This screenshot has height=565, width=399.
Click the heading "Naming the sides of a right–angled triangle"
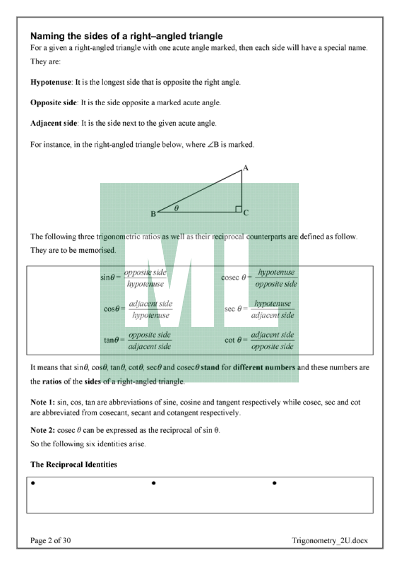tap(126, 36)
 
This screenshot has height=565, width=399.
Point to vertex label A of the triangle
tap(245, 168)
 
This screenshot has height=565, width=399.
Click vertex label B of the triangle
tap(153, 214)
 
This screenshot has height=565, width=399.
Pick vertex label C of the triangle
tap(246, 212)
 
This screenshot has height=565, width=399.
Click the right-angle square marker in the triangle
tap(238, 208)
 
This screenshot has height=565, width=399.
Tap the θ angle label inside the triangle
tap(176, 208)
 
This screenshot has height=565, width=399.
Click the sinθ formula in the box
tap(133, 278)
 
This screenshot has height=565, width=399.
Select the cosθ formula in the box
tap(138, 309)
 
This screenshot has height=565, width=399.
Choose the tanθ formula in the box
tap(137, 340)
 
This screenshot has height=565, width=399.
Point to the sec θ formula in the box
tap(259, 309)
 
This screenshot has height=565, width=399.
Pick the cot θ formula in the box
tap(259, 340)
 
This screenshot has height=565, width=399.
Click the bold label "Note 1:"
tap(43, 402)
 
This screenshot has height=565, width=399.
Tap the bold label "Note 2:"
tap(43, 430)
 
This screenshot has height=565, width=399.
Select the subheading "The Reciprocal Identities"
tap(74, 464)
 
